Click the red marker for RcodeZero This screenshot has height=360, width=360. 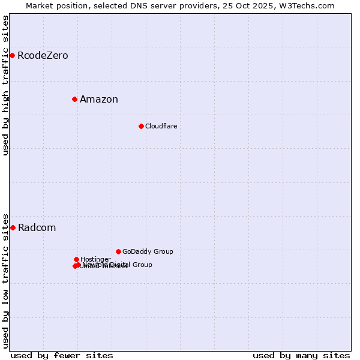click(12, 56)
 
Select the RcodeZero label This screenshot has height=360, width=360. click(43, 56)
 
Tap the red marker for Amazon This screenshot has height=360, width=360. click(74, 99)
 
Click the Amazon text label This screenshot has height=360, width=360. click(99, 100)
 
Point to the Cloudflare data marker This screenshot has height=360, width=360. click(141, 126)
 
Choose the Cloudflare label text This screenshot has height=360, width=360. click(161, 126)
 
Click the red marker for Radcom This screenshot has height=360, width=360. click(13, 227)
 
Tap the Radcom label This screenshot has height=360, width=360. click(37, 228)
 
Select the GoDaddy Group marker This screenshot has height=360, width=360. click(118, 251)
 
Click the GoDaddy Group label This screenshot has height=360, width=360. click(148, 252)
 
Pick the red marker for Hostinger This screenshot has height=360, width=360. click(76, 259)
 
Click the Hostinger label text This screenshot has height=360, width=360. click(95, 259)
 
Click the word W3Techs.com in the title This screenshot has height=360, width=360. click(310, 5)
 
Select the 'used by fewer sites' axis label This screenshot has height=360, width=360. click(62, 355)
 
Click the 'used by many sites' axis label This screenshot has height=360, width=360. click(301, 355)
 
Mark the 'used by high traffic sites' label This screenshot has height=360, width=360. click(5, 86)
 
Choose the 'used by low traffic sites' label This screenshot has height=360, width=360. click(5, 280)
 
